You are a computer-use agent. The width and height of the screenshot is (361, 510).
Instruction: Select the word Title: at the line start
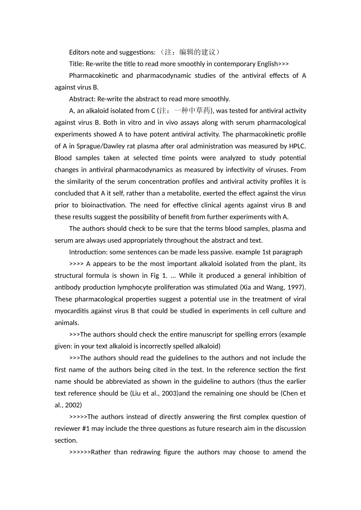[76, 64]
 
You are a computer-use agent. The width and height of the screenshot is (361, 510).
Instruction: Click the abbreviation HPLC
[297, 146]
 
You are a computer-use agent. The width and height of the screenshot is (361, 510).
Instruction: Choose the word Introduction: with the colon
[87, 252]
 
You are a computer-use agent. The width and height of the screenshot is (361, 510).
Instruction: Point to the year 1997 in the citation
[295, 287]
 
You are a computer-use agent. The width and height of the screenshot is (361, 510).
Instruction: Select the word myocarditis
[72, 311]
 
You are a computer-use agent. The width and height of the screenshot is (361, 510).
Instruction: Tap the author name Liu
[136, 393]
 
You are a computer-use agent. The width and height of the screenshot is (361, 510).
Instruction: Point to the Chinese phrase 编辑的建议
[197, 52]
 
